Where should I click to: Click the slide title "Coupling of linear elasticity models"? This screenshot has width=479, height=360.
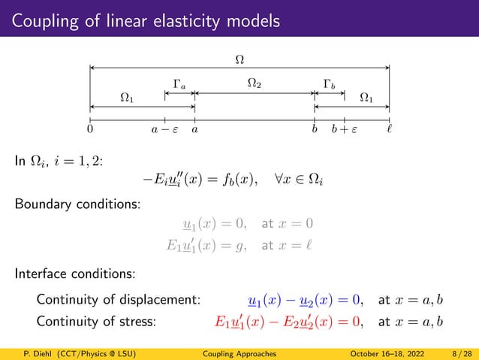[x=143, y=19]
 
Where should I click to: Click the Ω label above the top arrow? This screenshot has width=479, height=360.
[x=239, y=58]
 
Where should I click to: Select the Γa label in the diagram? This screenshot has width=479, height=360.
[x=180, y=83]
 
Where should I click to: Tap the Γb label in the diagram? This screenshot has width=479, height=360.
[x=329, y=83]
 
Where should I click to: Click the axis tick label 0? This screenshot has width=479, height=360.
[x=90, y=130]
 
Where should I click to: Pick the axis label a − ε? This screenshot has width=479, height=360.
[x=165, y=130]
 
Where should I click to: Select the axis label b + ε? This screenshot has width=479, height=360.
[x=345, y=130]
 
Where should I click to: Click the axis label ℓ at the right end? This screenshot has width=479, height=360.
[x=389, y=130]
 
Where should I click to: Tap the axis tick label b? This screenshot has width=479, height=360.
[x=315, y=130]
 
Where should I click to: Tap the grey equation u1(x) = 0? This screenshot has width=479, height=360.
[x=217, y=224]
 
